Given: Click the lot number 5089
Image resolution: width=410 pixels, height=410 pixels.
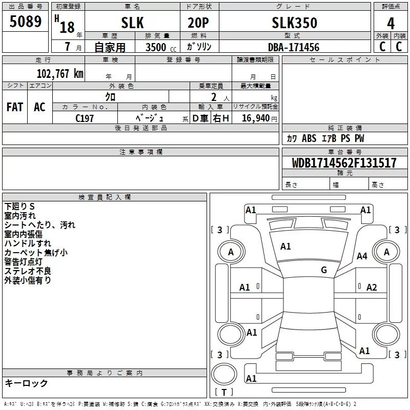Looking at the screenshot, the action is coord(25,21).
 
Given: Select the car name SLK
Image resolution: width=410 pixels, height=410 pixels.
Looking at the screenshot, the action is coord(132,23).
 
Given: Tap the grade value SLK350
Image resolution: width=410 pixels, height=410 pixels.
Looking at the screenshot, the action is coord(294,23).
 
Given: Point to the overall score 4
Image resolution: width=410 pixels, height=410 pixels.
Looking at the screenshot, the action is coord(391,24).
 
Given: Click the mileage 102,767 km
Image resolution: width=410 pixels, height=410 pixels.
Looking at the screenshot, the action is coord(60,73).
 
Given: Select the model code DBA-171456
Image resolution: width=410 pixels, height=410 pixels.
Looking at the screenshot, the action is coord(294,47).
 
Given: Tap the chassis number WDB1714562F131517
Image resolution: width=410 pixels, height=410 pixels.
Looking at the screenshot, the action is coord(344,163).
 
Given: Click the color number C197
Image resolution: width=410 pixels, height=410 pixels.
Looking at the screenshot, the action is coord(85,118).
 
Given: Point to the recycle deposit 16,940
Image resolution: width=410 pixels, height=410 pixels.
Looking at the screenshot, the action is coord(256,118).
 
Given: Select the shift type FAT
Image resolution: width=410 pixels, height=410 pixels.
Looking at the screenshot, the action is coord(15,107).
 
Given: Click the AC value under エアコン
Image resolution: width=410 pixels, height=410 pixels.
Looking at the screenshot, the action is coord(39,107).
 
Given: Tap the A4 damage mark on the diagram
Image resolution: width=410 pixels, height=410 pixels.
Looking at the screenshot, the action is coord(362,256).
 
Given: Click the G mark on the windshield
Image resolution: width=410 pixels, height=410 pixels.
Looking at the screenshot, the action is coord(324,270).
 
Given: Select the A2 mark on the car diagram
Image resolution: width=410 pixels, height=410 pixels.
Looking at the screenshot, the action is coord(372,288).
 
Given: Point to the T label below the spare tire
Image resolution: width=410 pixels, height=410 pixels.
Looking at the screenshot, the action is coord(224,392).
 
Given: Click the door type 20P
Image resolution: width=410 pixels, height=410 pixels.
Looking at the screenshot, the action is coord(198,23).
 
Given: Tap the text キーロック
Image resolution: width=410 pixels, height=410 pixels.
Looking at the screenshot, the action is coord(26,383).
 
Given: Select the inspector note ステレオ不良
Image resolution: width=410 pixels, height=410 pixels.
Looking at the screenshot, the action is coord(28,271).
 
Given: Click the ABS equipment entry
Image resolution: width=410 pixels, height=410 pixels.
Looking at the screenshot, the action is coord(309,138).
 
